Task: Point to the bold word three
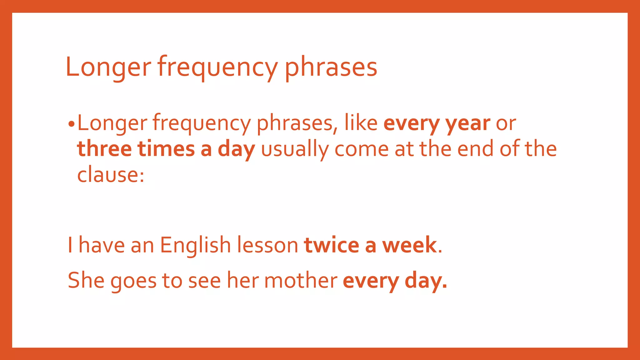[x=104, y=149]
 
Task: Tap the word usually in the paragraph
[x=294, y=149]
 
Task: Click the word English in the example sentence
[x=195, y=245]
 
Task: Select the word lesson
[x=267, y=245]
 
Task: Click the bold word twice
[x=332, y=245]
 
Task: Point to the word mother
[x=301, y=280]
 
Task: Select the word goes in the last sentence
[x=133, y=280]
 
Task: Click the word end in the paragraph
[x=475, y=149]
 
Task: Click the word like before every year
[x=361, y=123]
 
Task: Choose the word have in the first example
[x=101, y=245]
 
